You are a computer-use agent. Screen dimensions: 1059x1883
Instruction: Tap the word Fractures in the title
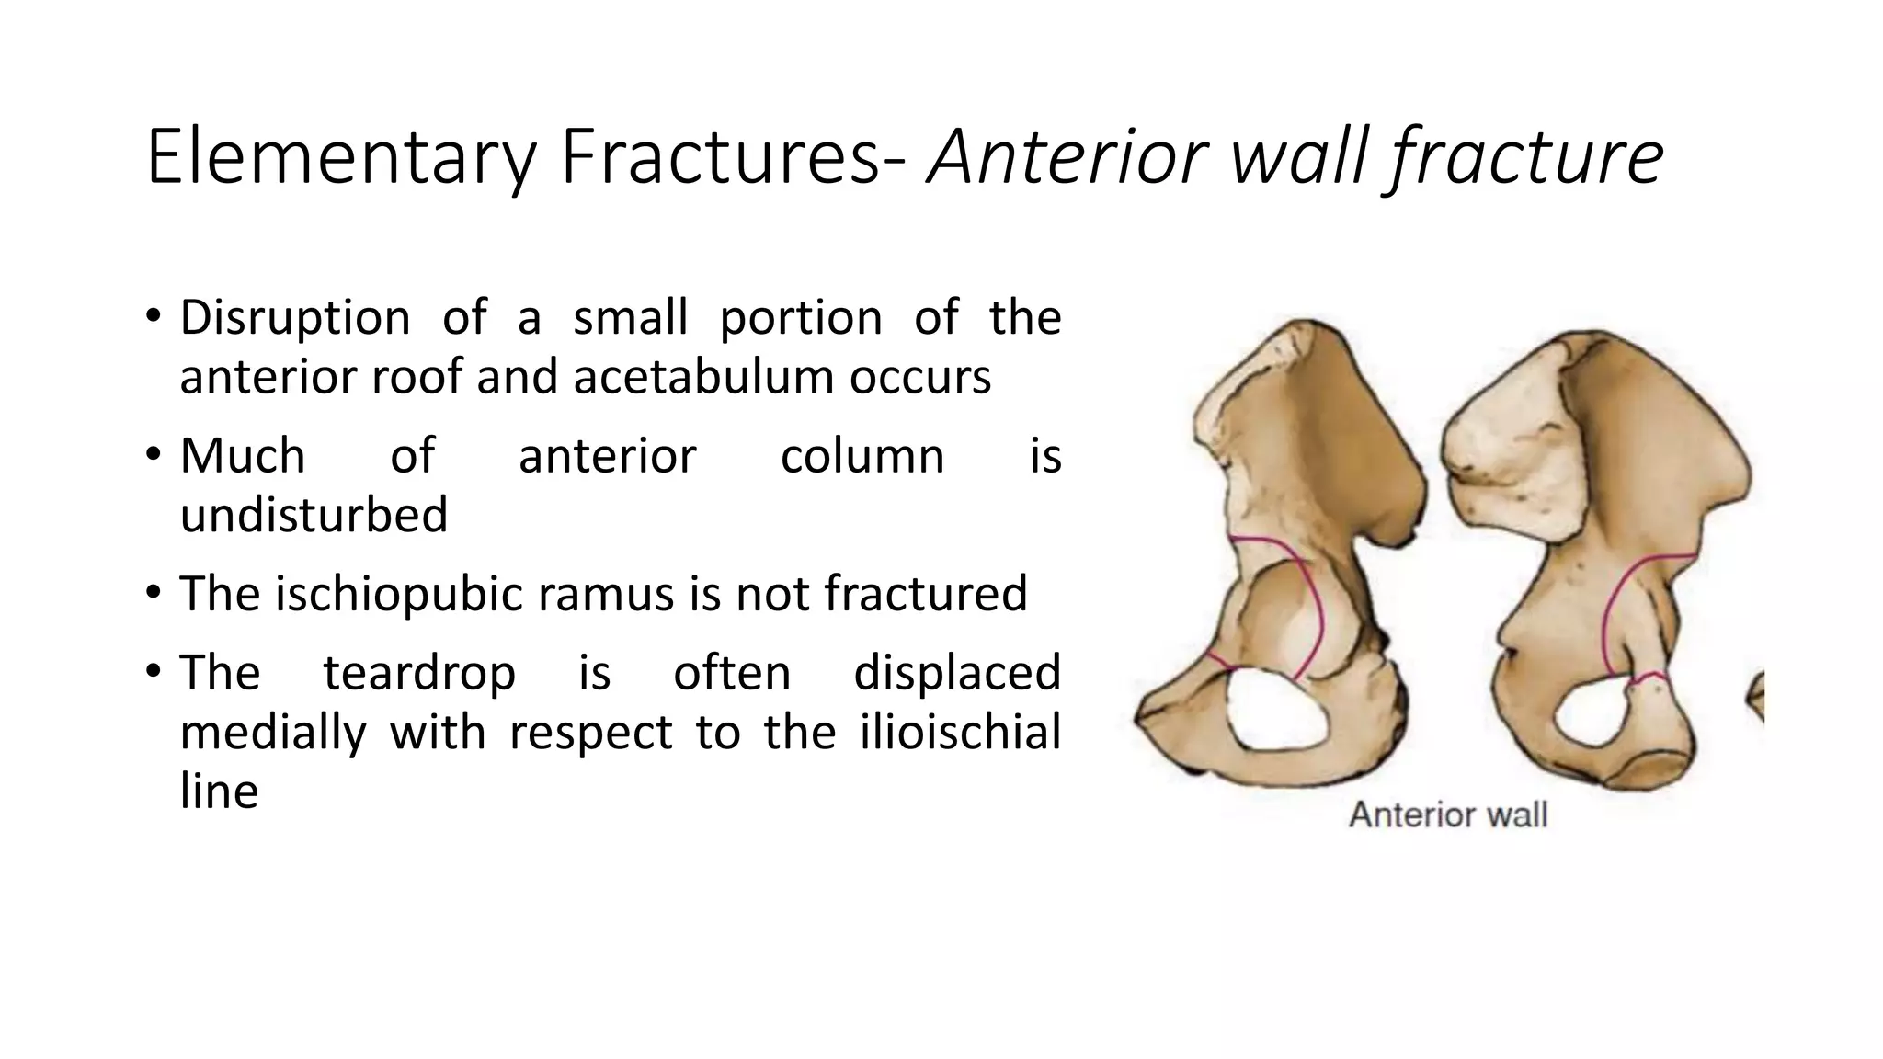tap(713, 158)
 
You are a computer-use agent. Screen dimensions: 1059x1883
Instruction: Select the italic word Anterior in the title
tap(1067, 158)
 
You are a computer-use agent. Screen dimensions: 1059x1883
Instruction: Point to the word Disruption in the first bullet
tap(294, 319)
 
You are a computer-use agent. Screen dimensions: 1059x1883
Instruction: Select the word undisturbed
tap(314, 514)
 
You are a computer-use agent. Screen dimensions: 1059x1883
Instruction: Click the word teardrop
tap(419, 673)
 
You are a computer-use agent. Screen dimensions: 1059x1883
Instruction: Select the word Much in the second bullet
tap(243, 456)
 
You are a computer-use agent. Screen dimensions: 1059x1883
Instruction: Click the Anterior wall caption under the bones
tap(1448, 815)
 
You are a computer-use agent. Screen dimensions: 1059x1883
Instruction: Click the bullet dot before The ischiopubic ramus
tap(154, 593)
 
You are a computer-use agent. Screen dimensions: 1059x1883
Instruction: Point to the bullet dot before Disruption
tap(154, 318)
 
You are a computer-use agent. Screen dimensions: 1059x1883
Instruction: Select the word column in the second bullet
tap(862, 456)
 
